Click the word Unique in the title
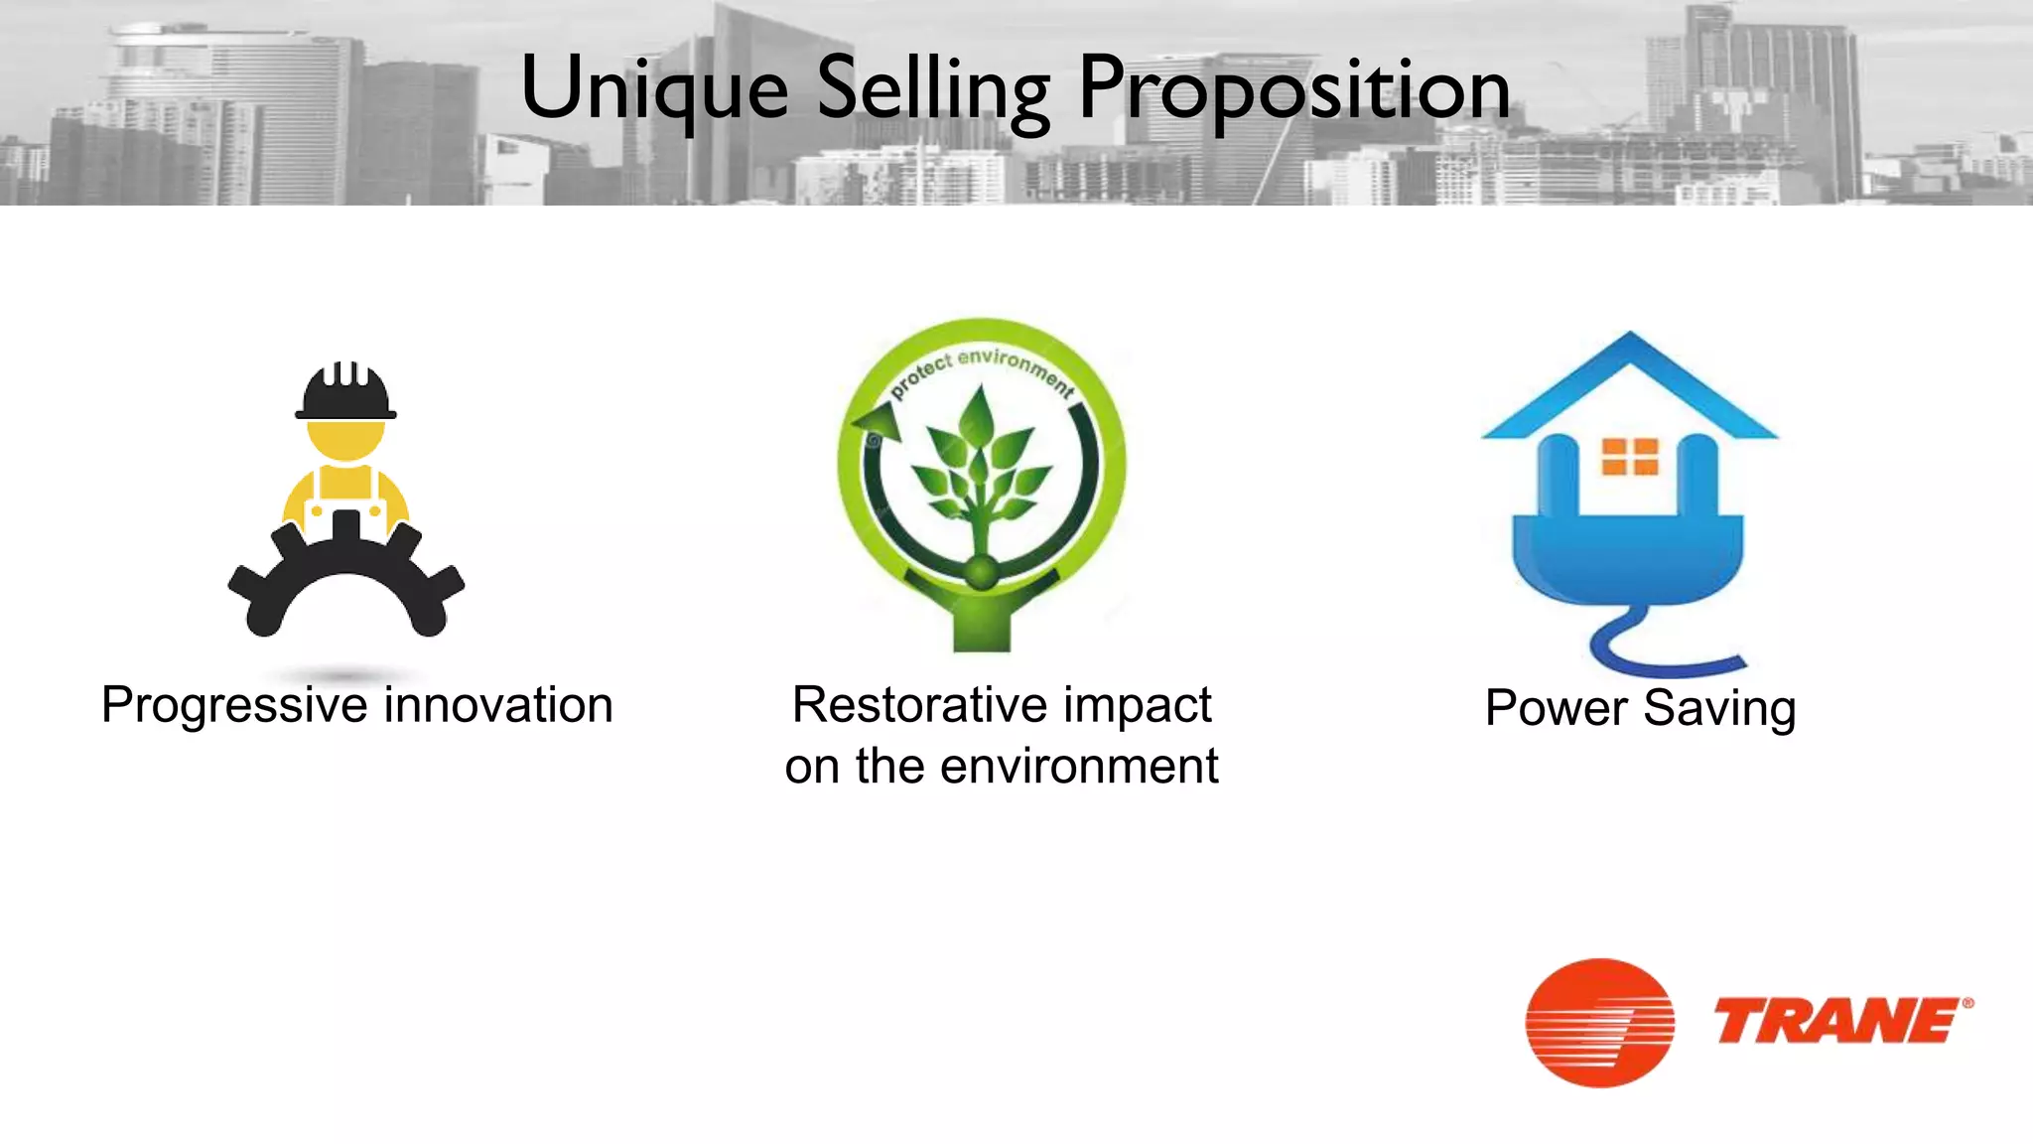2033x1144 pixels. click(654, 89)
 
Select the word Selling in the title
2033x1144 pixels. click(932, 89)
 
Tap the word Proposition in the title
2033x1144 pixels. click(1293, 89)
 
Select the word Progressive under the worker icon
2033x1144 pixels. click(235, 706)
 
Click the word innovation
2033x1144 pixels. click(498, 706)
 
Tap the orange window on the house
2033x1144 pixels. click(1630, 457)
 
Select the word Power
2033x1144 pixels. click(1557, 709)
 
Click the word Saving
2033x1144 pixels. click(1719, 709)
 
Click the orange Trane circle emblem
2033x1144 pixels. click(1599, 1023)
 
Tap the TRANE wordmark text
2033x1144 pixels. click(1836, 1023)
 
